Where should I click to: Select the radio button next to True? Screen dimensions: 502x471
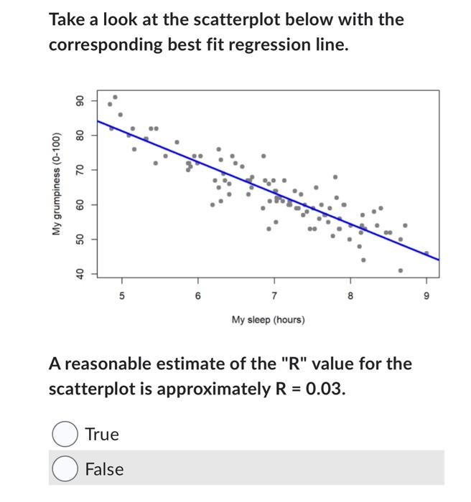click(x=65, y=434)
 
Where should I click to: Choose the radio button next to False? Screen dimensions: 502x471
click(x=65, y=469)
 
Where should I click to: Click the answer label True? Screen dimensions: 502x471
click(x=102, y=434)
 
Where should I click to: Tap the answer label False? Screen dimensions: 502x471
click(x=104, y=469)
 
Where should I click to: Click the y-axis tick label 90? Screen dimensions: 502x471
click(x=80, y=100)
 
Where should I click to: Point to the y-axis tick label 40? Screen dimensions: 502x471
click(x=80, y=273)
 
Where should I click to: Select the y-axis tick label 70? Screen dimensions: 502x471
click(x=80, y=169)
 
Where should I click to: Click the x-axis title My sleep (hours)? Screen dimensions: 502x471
click(x=268, y=319)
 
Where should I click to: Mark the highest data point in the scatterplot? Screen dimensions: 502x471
click(x=115, y=97)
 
